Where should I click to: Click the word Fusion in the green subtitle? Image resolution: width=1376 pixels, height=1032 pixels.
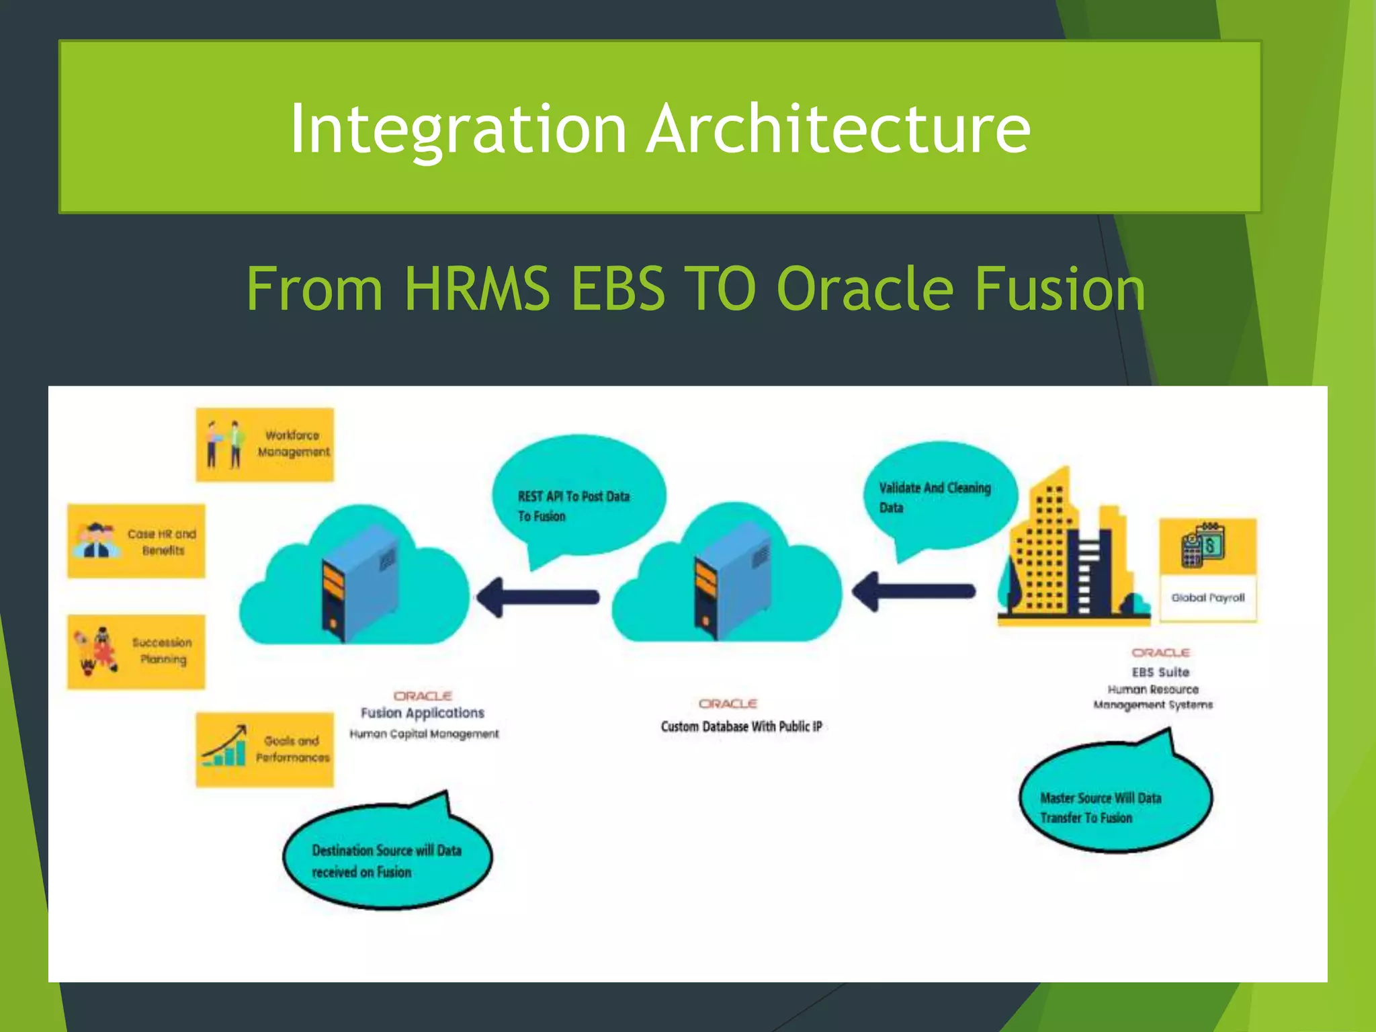point(1060,289)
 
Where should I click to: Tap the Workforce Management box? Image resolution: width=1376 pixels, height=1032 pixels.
point(265,444)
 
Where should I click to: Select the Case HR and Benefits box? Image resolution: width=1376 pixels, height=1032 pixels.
point(136,541)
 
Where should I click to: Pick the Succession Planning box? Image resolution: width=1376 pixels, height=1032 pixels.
point(136,651)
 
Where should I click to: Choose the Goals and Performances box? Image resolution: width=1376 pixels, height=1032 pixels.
point(265,749)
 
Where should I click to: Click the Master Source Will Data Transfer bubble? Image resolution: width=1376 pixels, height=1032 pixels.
point(1115,800)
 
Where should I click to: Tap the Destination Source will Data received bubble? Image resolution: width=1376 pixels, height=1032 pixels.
point(386,857)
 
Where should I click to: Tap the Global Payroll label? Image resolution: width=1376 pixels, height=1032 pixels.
point(1208,598)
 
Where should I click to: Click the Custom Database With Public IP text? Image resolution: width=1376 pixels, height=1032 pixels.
point(741,726)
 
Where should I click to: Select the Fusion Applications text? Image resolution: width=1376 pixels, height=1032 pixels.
point(422,713)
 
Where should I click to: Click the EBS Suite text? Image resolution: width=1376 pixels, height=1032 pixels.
point(1160,672)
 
